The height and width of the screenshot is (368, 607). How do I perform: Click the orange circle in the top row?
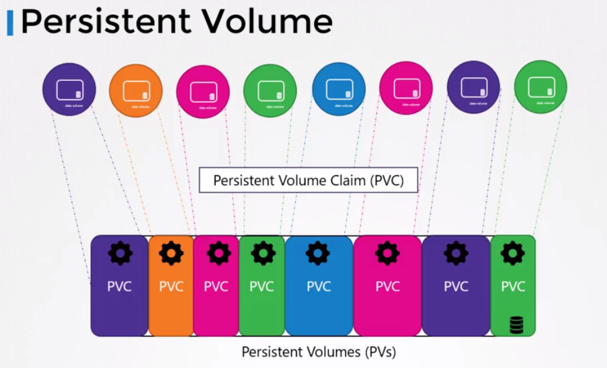click(136, 90)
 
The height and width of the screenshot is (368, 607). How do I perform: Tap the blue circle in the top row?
click(338, 89)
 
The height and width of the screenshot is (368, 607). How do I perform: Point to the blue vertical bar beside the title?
click(10, 22)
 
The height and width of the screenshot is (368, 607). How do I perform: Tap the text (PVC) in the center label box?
click(389, 181)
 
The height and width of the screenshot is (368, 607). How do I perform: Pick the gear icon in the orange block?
click(171, 253)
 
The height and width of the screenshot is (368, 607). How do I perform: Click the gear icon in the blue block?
click(318, 253)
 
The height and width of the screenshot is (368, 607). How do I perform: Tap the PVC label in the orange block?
click(171, 287)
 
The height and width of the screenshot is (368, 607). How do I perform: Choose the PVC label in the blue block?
click(318, 287)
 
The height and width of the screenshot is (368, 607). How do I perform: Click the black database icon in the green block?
click(516, 324)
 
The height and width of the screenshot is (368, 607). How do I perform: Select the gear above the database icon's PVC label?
click(513, 253)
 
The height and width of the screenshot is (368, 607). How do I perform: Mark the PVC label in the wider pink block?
click(387, 287)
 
